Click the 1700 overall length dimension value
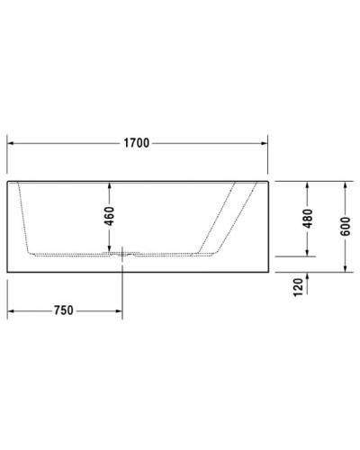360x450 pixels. click(137, 142)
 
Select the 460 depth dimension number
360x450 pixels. click(109, 216)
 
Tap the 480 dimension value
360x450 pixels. click(307, 218)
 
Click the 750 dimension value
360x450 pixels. click(63, 310)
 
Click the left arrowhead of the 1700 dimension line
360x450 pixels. click(12, 142)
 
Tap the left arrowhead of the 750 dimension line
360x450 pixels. click(12, 310)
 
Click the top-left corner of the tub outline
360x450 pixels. click(7, 179)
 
